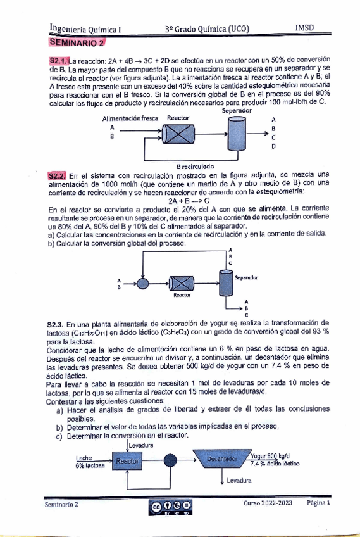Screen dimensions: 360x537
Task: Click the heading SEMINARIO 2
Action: tap(77, 43)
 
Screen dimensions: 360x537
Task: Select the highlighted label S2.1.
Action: tap(59, 61)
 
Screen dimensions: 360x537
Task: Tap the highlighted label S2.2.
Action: tap(57, 176)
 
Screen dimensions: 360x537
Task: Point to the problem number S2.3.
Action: tap(55, 324)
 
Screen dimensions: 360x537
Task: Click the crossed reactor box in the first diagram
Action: tap(178, 134)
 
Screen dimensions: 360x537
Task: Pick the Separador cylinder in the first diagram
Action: tap(237, 133)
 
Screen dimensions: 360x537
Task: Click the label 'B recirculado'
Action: tap(196, 167)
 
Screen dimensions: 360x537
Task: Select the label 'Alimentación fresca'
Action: tap(130, 118)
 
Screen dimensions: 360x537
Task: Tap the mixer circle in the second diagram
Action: tap(143, 283)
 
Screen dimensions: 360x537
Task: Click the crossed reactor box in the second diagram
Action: tap(182, 284)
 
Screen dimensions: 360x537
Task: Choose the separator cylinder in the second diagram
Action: tap(226, 282)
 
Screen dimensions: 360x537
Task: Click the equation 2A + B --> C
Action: tap(189, 201)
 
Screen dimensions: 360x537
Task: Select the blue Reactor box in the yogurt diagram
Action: tap(127, 460)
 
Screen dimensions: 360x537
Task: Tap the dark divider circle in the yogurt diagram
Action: tap(170, 460)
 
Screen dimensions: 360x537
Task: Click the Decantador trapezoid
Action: tap(222, 458)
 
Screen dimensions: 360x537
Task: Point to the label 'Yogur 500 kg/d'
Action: tap(270, 456)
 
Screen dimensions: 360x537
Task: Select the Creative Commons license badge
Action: tap(170, 507)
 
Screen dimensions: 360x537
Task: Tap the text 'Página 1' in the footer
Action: tap(318, 503)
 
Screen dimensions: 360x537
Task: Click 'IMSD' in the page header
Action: tap(304, 28)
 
